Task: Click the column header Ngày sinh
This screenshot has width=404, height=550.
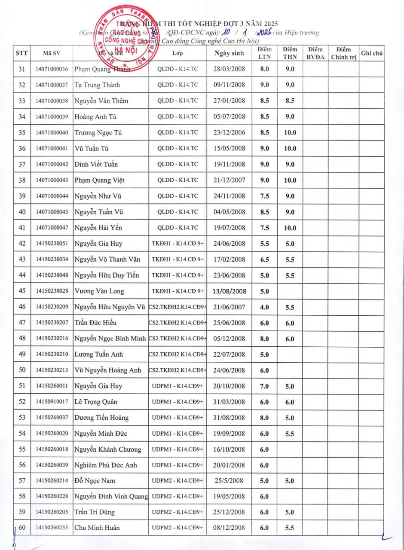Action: click(x=229, y=53)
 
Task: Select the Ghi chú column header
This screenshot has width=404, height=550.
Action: click(x=372, y=53)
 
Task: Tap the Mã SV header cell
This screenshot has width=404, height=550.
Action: click(x=52, y=53)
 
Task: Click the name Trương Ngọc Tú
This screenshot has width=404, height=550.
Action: click(x=98, y=132)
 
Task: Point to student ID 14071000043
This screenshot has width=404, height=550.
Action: click(x=52, y=180)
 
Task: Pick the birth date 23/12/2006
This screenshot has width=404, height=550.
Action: click(x=229, y=132)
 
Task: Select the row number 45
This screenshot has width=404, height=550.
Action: click(x=22, y=291)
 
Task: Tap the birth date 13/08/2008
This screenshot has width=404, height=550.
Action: click(x=229, y=291)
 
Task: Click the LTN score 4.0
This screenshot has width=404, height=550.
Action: click(x=264, y=307)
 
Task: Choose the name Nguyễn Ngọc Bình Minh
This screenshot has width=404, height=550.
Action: click(x=110, y=339)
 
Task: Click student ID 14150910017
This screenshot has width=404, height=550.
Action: click(x=52, y=402)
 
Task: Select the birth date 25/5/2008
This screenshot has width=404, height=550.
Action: click(x=229, y=480)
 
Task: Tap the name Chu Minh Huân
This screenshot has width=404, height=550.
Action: click(x=97, y=528)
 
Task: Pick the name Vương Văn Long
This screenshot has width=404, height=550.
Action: click(x=99, y=291)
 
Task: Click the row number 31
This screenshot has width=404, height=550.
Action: click(x=22, y=69)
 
